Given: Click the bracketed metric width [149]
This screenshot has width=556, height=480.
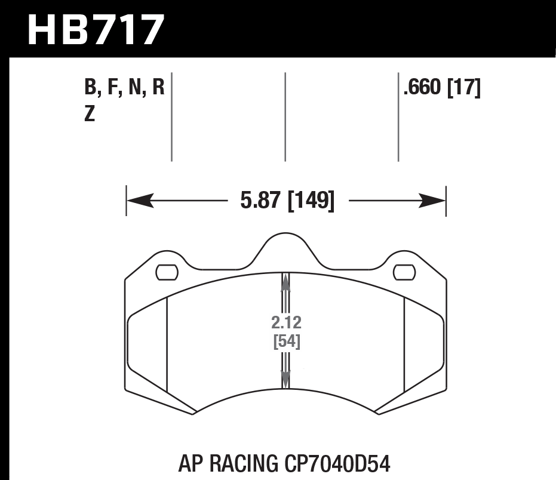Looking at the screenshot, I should (310, 200).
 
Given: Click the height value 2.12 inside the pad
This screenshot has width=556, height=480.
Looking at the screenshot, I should (286, 323).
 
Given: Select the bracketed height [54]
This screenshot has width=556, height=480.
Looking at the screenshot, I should (286, 342).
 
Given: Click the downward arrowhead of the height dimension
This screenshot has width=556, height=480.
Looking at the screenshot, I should (285, 378).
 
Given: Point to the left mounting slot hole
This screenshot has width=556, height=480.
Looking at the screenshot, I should (167, 272).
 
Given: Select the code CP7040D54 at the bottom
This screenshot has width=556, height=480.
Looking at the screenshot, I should (338, 463).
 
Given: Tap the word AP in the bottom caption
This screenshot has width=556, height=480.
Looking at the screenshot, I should (190, 463).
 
